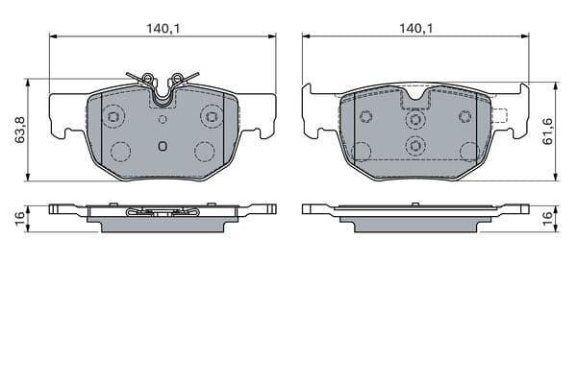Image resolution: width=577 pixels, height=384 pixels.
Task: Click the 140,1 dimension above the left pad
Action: (163, 28)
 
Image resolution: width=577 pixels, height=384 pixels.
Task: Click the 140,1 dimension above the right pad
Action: (416, 28)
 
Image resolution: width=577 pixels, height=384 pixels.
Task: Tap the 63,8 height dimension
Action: (19, 130)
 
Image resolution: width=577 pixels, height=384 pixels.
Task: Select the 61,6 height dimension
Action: (548, 132)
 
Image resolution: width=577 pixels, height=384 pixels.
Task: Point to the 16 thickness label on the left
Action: (19, 218)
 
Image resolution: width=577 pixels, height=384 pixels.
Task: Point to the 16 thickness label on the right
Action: (548, 219)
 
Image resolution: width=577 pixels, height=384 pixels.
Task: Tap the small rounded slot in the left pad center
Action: (163, 146)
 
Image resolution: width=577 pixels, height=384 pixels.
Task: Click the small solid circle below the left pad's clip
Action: (163, 119)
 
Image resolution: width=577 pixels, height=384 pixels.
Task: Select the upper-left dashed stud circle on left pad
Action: (113, 116)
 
